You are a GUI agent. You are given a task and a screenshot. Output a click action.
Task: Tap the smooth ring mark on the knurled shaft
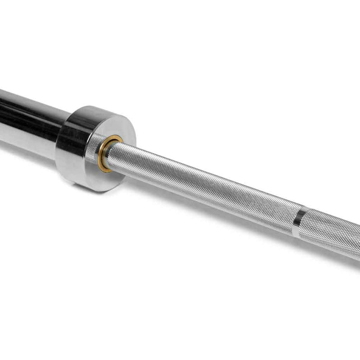297,222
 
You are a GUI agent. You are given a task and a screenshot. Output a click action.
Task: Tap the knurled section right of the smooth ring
331,234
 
